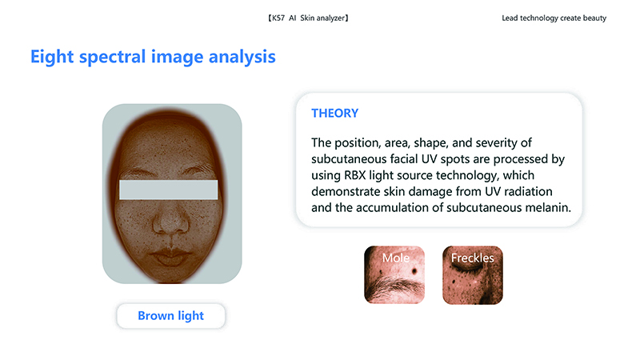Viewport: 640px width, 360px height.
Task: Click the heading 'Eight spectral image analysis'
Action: pos(153,57)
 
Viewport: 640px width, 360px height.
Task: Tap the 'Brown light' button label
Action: pos(170,315)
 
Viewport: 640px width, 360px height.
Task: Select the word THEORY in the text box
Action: pos(334,113)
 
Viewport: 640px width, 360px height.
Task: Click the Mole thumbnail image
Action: pos(394,274)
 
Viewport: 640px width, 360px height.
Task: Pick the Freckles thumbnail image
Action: pos(473,274)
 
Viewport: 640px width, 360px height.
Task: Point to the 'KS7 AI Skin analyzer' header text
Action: pos(308,18)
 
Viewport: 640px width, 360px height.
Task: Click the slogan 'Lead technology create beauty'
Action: pos(554,18)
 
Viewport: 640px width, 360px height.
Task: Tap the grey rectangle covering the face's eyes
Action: pos(168,190)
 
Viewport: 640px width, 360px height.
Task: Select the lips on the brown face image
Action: pos(170,256)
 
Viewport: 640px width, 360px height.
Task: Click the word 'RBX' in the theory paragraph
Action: pos(354,175)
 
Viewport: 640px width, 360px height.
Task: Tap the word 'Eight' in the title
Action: pos(52,57)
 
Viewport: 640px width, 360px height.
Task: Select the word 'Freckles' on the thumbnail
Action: pos(472,258)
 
